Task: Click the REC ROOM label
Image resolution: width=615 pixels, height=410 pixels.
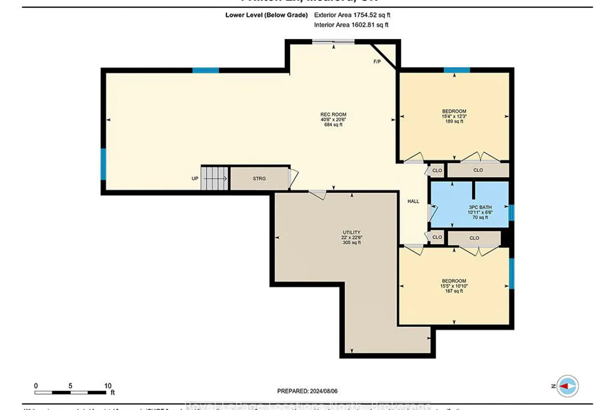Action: click(333, 119)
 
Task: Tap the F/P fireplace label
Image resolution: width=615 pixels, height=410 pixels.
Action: click(377, 62)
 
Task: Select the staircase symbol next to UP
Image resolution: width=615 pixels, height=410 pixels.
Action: click(214, 178)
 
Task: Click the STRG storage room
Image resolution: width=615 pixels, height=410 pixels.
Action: click(259, 179)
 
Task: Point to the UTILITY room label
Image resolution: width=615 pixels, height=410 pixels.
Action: click(351, 237)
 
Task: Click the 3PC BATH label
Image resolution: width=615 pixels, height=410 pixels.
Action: click(480, 212)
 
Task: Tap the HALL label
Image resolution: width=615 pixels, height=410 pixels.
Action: click(413, 201)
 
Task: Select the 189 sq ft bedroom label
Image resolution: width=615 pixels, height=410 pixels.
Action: click(454, 116)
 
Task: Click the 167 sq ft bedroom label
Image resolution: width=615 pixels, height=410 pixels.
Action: click(454, 286)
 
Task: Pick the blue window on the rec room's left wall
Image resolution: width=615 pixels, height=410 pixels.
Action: click(103, 164)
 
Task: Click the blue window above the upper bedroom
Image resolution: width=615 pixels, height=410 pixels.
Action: click(456, 70)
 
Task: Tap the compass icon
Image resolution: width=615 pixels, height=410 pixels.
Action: click(567, 386)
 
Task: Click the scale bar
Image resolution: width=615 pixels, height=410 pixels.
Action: click(70, 392)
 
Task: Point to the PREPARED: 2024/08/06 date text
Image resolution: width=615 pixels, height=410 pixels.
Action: click(307, 391)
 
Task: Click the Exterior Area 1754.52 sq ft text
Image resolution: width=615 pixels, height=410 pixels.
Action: click(352, 15)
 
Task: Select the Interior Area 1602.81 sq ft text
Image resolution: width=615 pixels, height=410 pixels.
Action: click(351, 25)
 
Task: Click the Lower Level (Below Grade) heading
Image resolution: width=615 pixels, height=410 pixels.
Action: click(266, 15)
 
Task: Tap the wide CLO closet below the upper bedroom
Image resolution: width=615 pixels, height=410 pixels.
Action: click(478, 170)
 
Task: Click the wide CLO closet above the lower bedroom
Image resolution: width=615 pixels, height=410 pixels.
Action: click(474, 238)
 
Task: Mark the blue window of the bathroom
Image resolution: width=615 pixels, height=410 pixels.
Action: click(511, 213)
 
